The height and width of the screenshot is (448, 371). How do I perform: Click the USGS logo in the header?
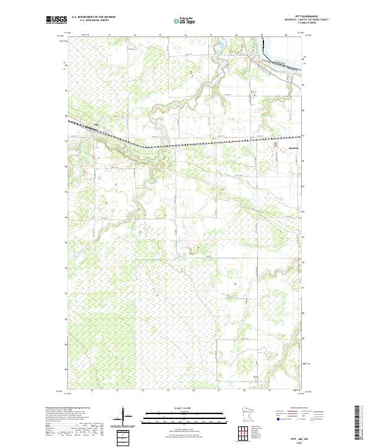click(x=56, y=20)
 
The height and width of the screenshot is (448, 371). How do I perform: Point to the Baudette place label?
click(x=281, y=148)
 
